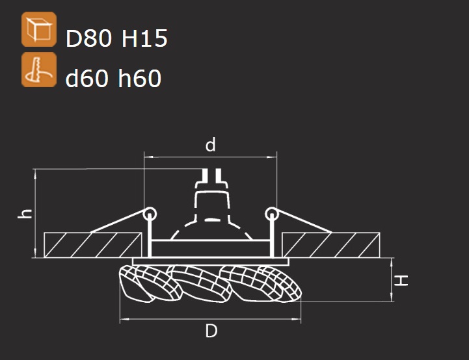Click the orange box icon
coord(39,29)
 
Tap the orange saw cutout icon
coord(39,70)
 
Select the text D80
coord(88,38)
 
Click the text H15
coord(144,38)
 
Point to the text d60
coord(87,78)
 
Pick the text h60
coord(140,78)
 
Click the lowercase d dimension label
coord(211,145)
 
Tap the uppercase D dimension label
coord(211,331)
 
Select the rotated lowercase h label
coord(25,214)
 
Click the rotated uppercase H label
coord(401,281)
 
